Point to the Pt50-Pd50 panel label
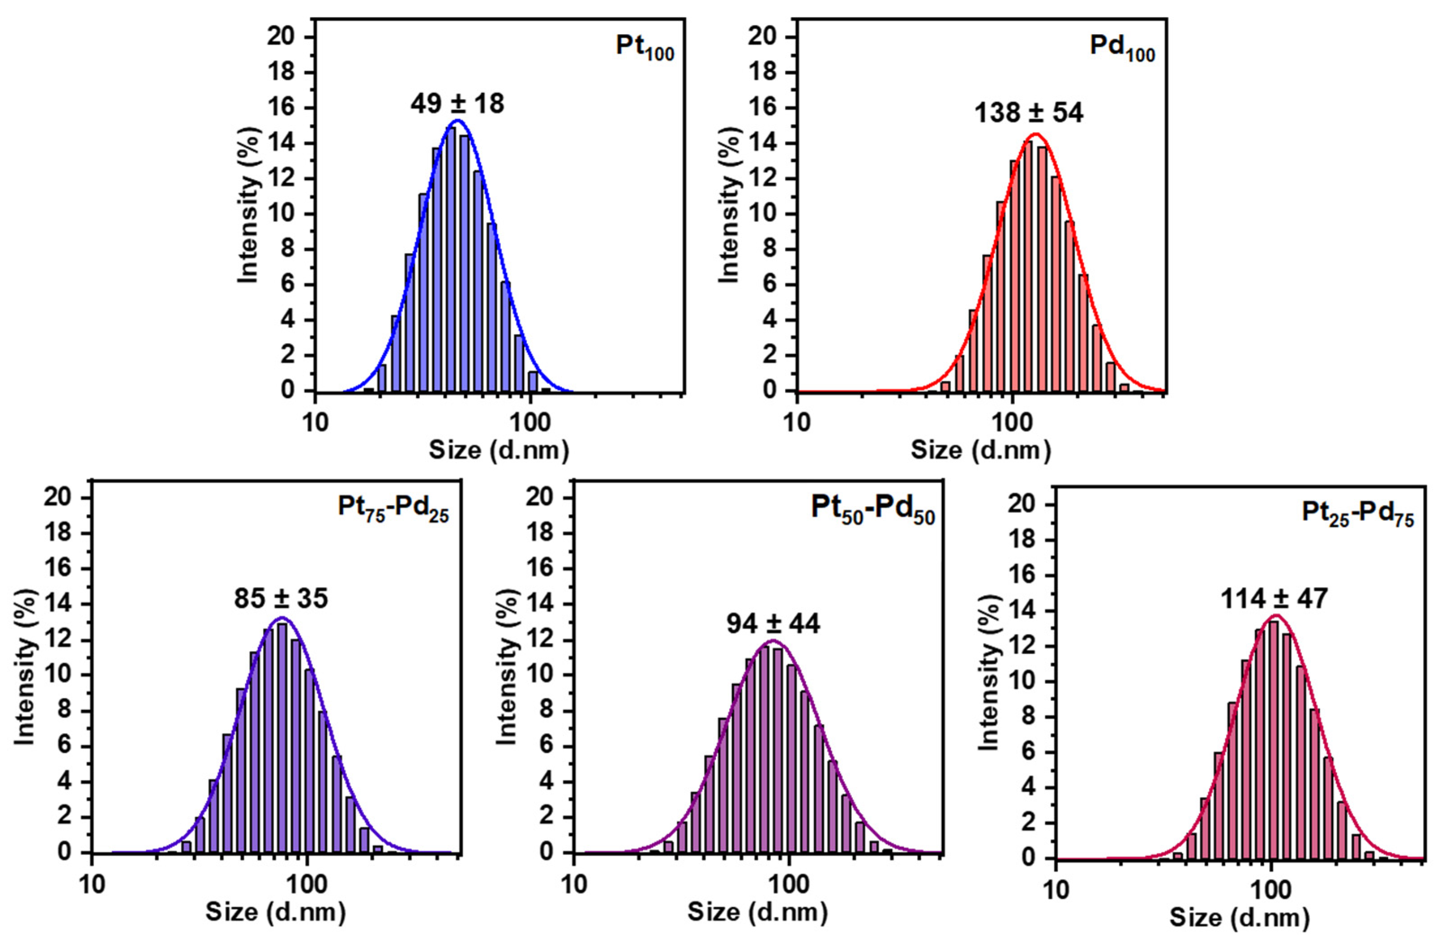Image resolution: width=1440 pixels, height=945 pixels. coord(873,509)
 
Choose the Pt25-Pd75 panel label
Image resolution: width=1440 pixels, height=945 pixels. coord(1358,514)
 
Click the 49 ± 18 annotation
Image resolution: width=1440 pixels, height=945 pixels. coord(457,104)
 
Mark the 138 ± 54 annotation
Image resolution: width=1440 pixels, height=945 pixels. coord(1029,113)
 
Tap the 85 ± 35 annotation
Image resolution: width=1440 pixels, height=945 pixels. coord(281,599)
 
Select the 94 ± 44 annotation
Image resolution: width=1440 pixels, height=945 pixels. coord(773,624)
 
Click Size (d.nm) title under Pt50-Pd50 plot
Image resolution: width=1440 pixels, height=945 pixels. coord(757,911)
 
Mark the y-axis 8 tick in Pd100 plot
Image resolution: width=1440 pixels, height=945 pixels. coord(769,250)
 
